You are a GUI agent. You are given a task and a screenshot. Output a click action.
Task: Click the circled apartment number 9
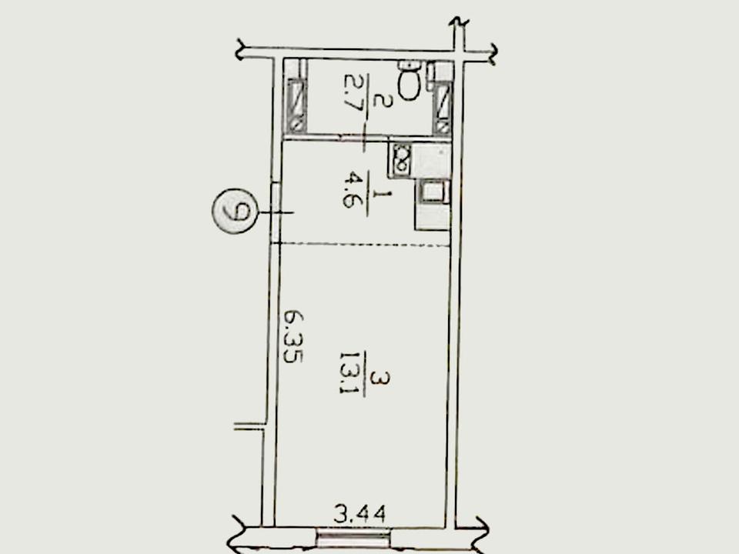(234, 211)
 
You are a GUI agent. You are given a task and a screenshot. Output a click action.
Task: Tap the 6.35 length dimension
(293, 336)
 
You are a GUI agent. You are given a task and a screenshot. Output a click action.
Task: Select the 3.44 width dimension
(359, 513)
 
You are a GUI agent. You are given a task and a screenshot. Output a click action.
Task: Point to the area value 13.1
(350, 372)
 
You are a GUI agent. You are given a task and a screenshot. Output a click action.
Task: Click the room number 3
(380, 379)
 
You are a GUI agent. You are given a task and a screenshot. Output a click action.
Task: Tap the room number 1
(380, 194)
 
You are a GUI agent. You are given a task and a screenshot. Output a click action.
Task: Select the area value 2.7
(353, 93)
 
